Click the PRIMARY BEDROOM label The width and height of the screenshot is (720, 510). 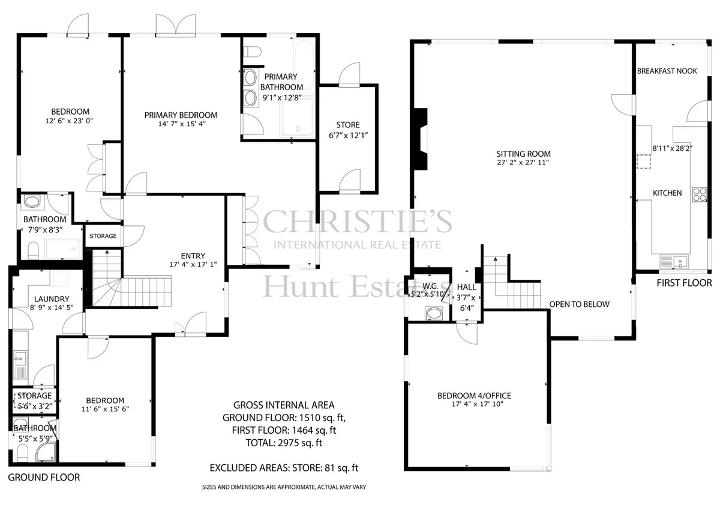coord(181,115)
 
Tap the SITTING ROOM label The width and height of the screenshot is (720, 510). coord(523,154)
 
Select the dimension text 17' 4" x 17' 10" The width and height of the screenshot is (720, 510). coord(478,404)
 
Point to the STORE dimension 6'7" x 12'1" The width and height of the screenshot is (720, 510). coord(348,136)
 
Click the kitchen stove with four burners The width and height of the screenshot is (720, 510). coord(699,195)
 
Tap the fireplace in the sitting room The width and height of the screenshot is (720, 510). coord(421,139)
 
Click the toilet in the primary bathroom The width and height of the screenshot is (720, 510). coord(252,52)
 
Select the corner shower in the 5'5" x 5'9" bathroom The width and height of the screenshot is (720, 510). coord(46,452)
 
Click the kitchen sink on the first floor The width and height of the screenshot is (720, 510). coord(674,261)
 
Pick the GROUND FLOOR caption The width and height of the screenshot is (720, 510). coord(44,477)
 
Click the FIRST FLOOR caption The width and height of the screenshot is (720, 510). coord(684,283)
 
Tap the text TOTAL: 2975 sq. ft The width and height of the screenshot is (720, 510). coord(284,443)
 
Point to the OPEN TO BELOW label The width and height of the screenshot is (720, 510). coord(579,304)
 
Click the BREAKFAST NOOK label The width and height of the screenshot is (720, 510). coord(667,71)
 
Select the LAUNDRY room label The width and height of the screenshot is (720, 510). coord(52,299)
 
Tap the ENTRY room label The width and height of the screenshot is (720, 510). coord(193,256)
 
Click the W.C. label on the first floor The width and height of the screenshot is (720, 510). coord(430,286)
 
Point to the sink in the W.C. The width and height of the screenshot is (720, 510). coord(434,314)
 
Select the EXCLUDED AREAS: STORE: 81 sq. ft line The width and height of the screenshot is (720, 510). coord(284,468)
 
